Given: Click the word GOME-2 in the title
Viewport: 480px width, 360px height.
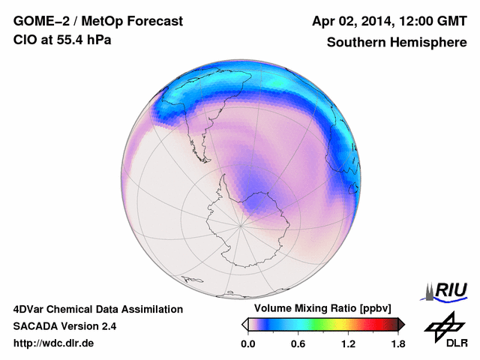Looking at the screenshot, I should [37, 21].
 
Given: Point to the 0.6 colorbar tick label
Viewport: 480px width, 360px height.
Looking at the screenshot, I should [298, 343].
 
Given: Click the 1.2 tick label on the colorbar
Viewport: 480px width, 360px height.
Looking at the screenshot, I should [348, 343].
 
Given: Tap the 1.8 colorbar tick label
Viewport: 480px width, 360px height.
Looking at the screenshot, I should [397, 343].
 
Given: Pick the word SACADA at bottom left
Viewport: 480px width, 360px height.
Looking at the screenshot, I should [37, 326].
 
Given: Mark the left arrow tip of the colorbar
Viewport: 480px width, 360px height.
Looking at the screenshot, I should [244, 324].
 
